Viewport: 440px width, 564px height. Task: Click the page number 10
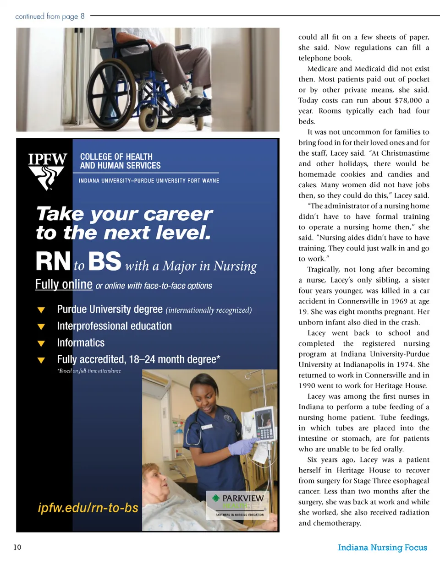pyautogui.click(x=17, y=548)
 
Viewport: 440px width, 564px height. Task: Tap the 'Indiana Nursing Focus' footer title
pyautogui.click(x=382, y=548)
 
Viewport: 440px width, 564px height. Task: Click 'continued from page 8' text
pyautogui.click(x=50, y=16)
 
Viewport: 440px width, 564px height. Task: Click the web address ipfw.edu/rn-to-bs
pyautogui.click(x=88, y=508)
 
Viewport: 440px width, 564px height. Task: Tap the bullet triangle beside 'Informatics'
pyautogui.click(x=41, y=343)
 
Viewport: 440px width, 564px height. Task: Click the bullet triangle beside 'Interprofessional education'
pyautogui.click(x=41, y=326)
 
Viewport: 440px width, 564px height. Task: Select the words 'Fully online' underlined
pyautogui.click(x=64, y=284)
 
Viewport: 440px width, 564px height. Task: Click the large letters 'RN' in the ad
pyautogui.click(x=53, y=262)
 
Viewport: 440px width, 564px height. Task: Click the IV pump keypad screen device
pyautogui.click(x=262, y=426)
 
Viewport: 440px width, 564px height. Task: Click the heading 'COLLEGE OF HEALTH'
pyautogui.click(x=116, y=157)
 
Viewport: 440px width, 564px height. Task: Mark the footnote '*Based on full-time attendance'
pyautogui.click(x=89, y=370)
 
